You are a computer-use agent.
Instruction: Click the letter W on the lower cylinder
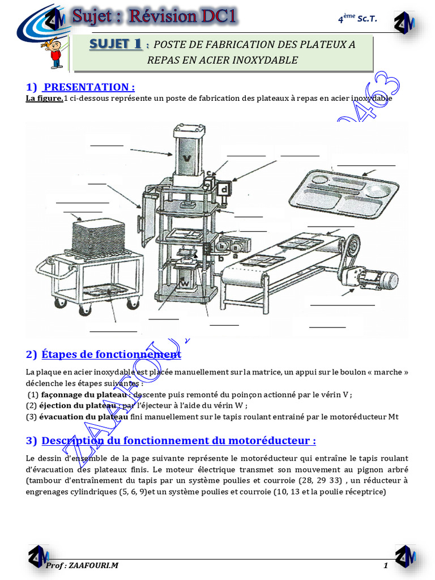pos(185,282)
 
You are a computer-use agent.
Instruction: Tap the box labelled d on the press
pos(224,189)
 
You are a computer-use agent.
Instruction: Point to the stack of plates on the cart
pos(99,236)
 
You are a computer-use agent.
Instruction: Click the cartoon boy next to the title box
pos(54,53)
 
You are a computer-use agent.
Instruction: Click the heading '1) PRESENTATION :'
pos(80,87)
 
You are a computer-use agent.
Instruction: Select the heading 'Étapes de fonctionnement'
pos(111,355)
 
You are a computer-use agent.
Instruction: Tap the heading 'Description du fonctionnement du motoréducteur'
pos(178,441)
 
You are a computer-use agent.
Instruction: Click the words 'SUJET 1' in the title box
pos(116,44)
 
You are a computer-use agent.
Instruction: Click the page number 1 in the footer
pos(386,565)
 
